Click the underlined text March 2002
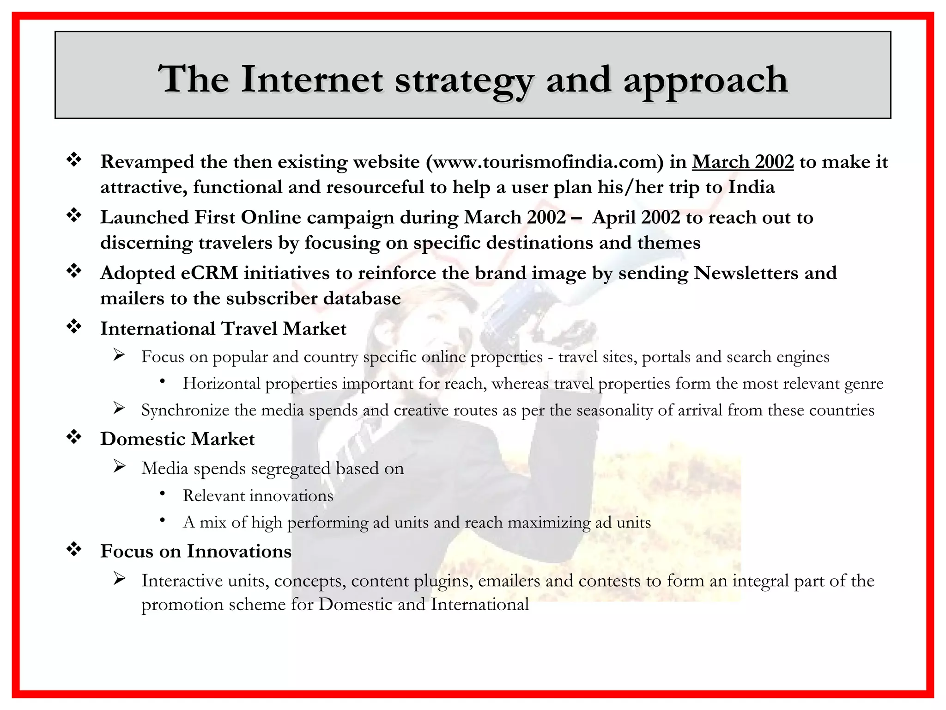pos(743,162)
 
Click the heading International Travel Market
pos(223,329)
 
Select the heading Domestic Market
pos(177,439)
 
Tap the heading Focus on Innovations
pos(196,551)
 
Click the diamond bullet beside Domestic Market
pos(74,437)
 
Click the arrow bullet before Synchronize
pos(119,409)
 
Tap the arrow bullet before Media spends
pos(119,467)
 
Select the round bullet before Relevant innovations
pos(162,494)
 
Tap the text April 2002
pos(636,218)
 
